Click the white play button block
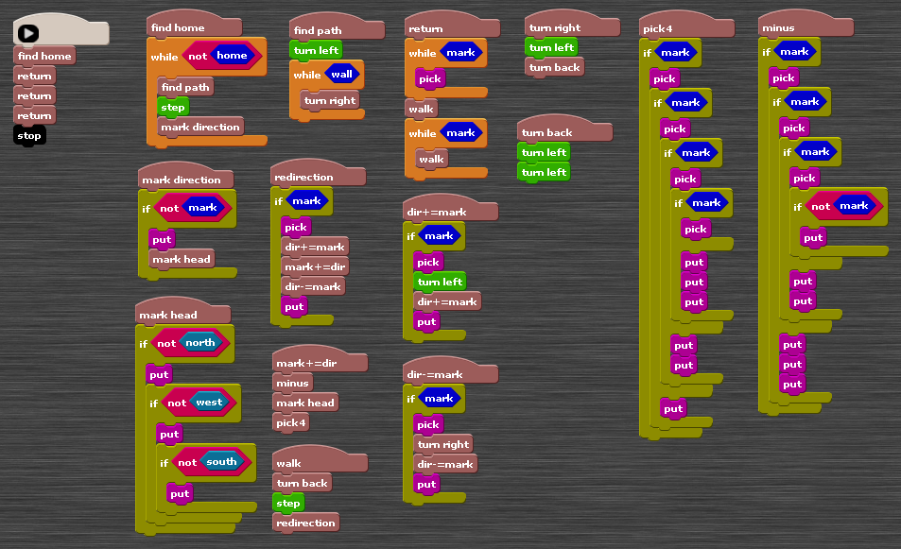pyautogui.click(x=28, y=33)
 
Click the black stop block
pyautogui.click(x=29, y=135)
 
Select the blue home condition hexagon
pyautogui.click(x=232, y=55)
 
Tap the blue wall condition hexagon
pyautogui.click(x=341, y=75)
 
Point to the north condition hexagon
pyautogui.click(x=199, y=343)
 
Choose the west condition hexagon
pyautogui.click(x=209, y=403)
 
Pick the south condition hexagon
pyautogui.click(x=221, y=462)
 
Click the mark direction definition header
pyautogui.click(x=182, y=180)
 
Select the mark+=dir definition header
pyautogui.click(x=304, y=363)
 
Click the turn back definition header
pyautogui.click(x=547, y=132)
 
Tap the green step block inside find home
pyautogui.click(x=173, y=107)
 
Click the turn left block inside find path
pyautogui.click(x=316, y=50)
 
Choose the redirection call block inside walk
pyautogui.click(x=305, y=523)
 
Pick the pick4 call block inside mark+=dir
pyautogui.click(x=290, y=422)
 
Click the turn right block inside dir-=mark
pyautogui.click(x=443, y=444)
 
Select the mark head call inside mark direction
pyautogui.click(x=182, y=259)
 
